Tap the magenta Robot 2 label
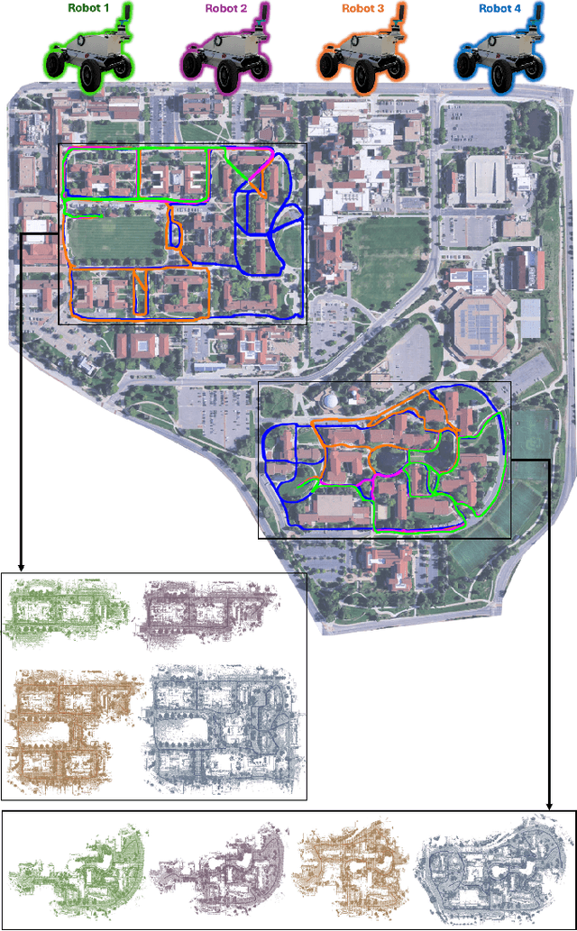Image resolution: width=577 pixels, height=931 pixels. pyautogui.click(x=226, y=9)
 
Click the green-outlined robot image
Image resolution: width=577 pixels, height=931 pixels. pyautogui.click(x=88, y=56)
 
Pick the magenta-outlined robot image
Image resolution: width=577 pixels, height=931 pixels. pyautogui.click(x=226, y=56)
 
